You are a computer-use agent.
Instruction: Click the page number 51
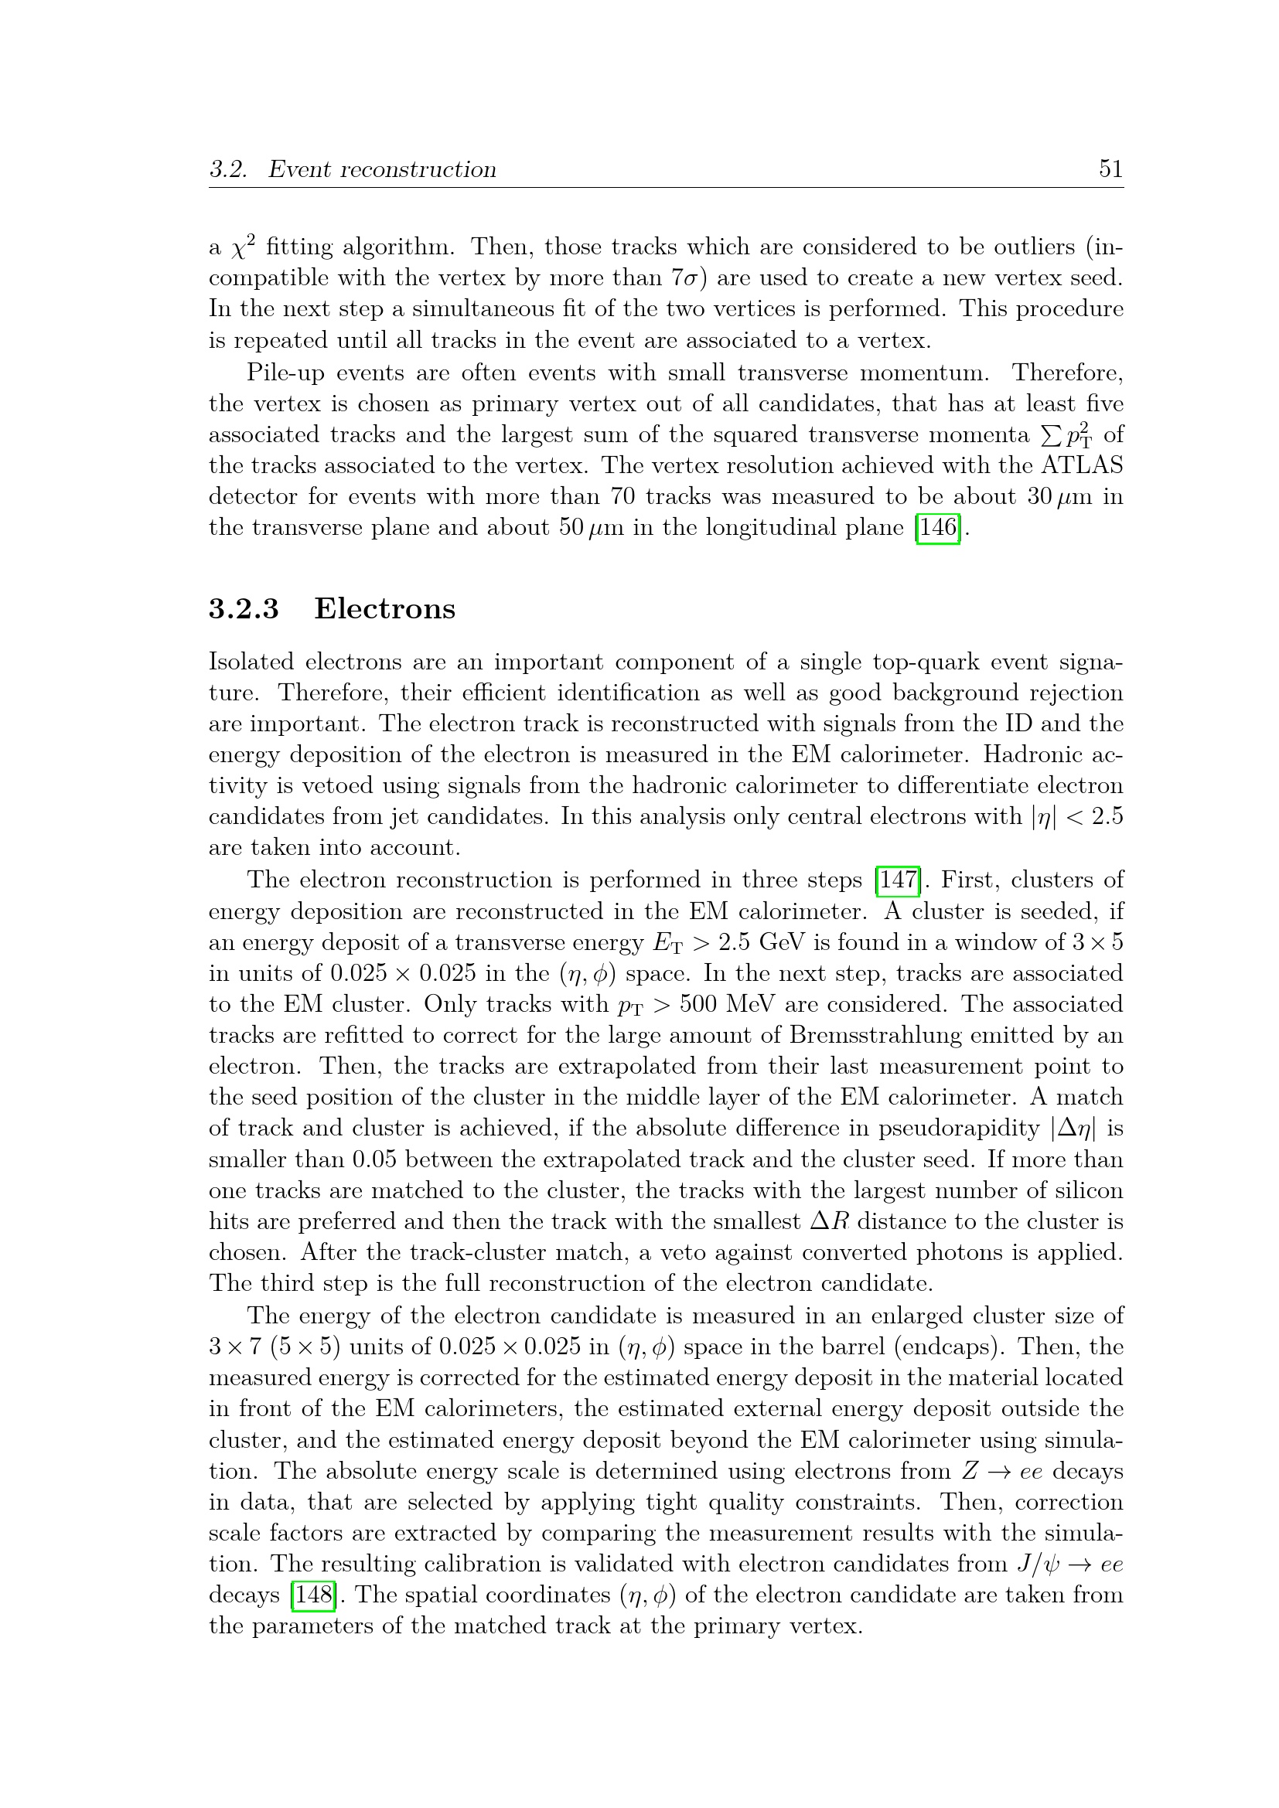[1110, 169]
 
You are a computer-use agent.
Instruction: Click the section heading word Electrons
[384, 608]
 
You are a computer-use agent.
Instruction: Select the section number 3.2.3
[244, 608]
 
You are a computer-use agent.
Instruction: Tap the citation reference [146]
[937, 527]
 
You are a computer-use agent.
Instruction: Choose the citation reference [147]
[898, 880]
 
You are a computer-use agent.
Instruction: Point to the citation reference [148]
[312, 1595]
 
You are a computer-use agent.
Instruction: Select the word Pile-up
[285, 373]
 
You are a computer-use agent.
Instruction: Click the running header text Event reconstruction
[382, 169]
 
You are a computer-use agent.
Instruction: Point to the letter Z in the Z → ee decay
[970, 1471]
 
